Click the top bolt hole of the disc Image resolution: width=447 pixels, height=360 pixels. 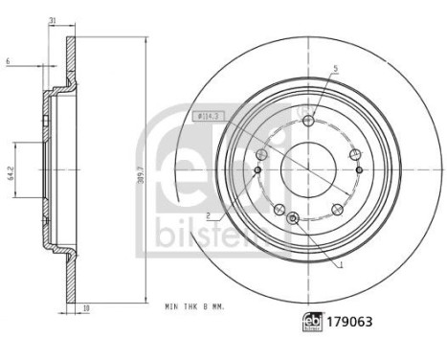click(307, 121)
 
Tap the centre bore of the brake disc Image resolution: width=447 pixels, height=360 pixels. click(307, 165)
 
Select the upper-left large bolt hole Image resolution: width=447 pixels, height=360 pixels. click(262, 154)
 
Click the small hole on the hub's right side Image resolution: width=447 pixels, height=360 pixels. click(359, 169)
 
